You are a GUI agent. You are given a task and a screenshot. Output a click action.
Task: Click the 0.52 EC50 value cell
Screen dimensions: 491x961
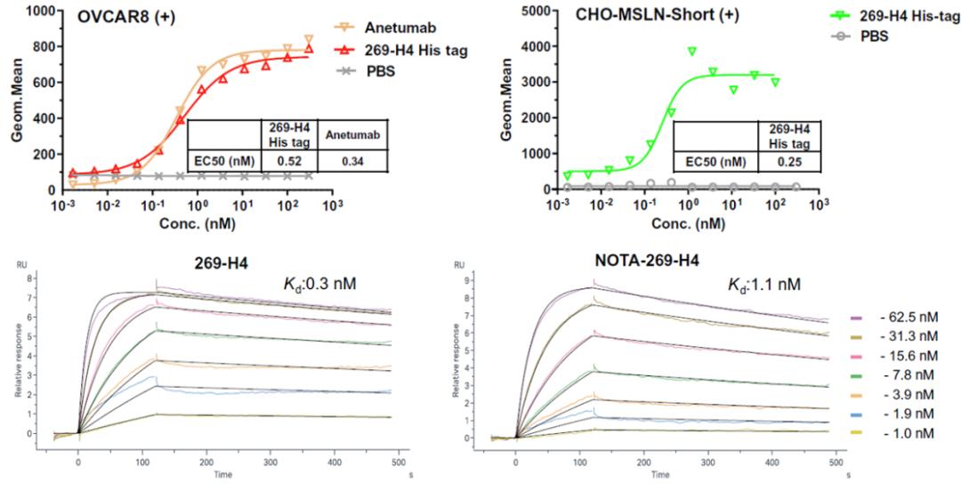pos(286,161)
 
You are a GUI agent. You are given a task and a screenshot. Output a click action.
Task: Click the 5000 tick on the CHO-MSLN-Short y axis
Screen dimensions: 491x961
pos(533,12)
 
